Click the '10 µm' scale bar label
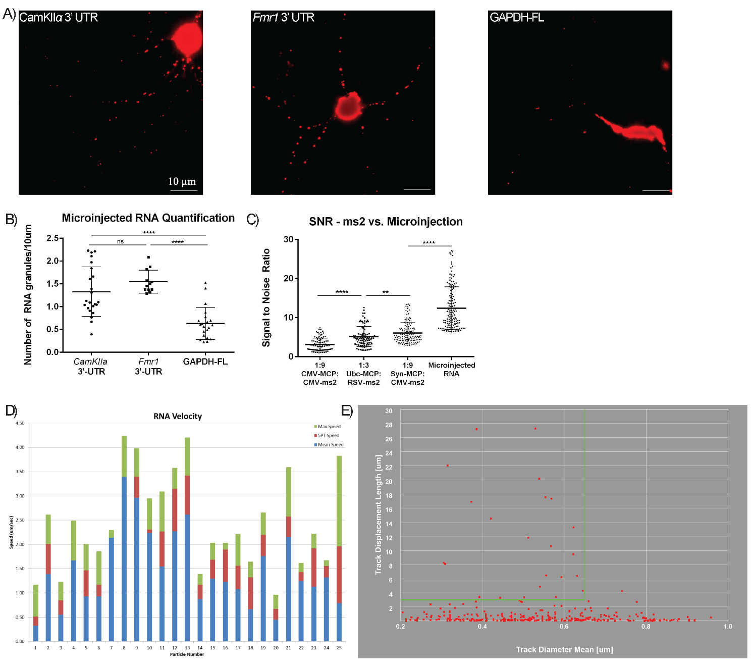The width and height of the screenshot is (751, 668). tap(182, 181)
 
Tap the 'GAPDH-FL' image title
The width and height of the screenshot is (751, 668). tap(517, 18)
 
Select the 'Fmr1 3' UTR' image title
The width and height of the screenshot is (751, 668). tap(284, 18)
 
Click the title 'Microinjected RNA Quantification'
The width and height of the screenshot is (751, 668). tap(148, 218)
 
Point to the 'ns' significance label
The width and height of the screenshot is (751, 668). tap(120, 241)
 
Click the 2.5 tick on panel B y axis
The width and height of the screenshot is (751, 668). tap(52, 238)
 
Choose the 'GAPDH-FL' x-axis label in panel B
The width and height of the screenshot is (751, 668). tap(205, 362)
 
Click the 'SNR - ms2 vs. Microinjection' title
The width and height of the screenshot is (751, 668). tap(386, 222)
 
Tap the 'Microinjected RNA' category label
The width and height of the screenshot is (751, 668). tap(451, 369)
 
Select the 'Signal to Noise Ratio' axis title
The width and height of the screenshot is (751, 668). tap(266, 297)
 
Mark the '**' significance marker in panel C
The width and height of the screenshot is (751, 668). tap(386, 292)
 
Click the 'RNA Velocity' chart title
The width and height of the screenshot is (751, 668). tap(178, 416)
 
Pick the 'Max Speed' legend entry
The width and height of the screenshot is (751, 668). tap(329, 427)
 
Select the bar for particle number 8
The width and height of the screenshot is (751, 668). tap(124, 555)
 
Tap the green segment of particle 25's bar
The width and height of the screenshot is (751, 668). tap(339, 500)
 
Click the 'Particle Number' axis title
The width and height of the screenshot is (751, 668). tap(187, 654)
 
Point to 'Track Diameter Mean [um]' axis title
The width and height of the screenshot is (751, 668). tap(564, 649)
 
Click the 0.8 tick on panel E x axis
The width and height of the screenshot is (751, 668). tap(646, 627)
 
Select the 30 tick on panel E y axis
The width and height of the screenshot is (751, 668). tap(389, 411)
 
